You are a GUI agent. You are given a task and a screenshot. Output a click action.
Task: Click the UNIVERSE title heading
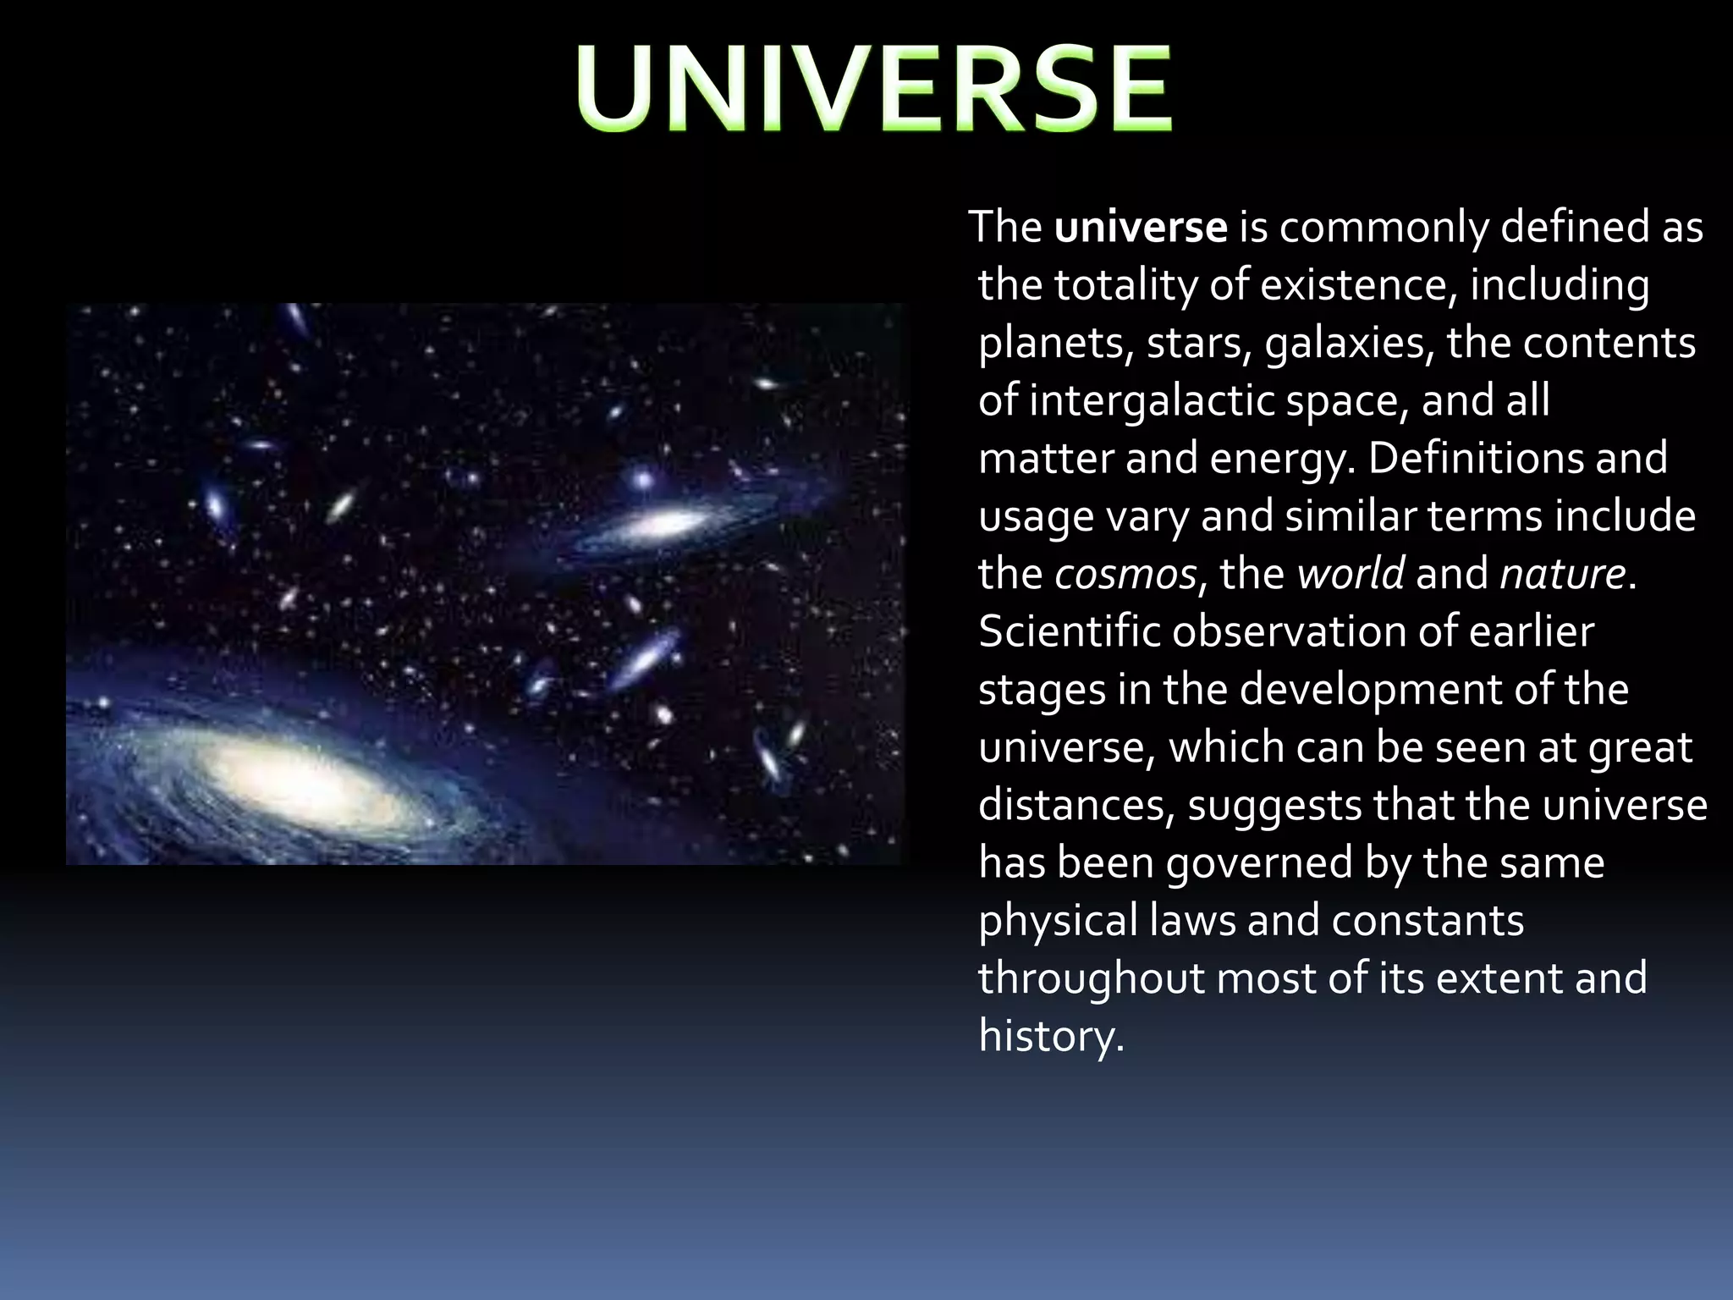click(875, 90)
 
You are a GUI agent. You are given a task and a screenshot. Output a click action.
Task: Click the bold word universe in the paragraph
click(1140, 228)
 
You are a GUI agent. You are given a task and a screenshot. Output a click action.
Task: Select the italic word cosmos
click(1125, 575)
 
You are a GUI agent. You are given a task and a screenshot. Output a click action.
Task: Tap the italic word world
click(1351, 575)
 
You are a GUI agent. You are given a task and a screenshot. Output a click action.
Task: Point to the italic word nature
click(1562, 575)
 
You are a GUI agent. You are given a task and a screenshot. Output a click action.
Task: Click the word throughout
click(1091, 978)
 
